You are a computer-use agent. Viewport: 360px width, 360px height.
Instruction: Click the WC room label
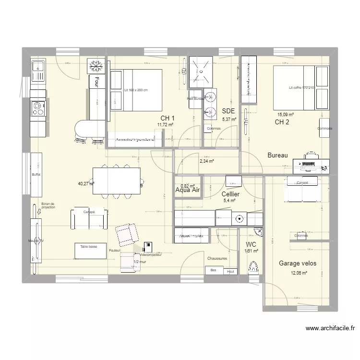[251, 244]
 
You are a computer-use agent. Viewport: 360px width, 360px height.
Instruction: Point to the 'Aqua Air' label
[188, 191]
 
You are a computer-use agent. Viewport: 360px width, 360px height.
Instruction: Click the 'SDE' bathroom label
[228, 111]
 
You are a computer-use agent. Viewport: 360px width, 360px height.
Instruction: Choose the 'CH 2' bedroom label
[282, 122]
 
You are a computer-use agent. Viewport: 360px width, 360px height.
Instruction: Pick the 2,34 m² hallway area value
[206, 161]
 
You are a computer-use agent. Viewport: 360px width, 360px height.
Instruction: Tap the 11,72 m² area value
[165, 124]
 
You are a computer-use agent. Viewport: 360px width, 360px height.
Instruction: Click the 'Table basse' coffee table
[89, 246]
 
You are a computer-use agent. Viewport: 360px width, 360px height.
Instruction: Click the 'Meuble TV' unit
[36, 240]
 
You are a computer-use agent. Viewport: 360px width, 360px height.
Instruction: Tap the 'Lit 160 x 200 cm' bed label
[136, 90]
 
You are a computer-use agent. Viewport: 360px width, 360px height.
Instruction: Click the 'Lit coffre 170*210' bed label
[301, 88]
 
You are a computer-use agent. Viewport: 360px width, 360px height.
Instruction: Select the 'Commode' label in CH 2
[324, 129]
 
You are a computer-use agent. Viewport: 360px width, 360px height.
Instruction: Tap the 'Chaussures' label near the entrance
[217, 258]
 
